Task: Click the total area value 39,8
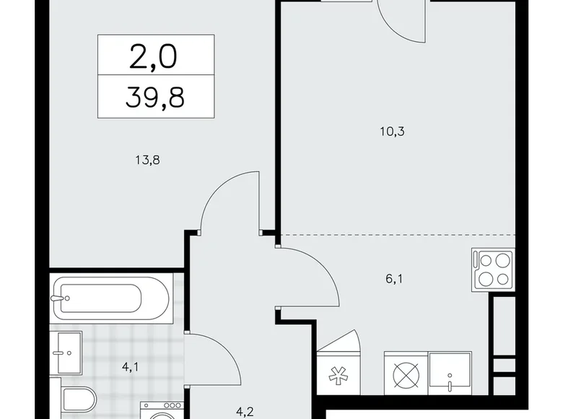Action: [156, 95]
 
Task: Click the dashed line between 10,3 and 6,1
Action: [397, 235]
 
